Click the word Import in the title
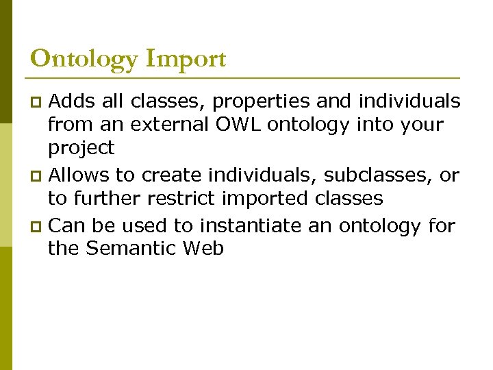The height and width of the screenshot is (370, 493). tap(186, 60)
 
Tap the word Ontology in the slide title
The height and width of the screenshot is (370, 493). tap(84, 60)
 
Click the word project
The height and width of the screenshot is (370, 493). tap(81, 149)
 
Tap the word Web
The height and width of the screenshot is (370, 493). tap(203, 248)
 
